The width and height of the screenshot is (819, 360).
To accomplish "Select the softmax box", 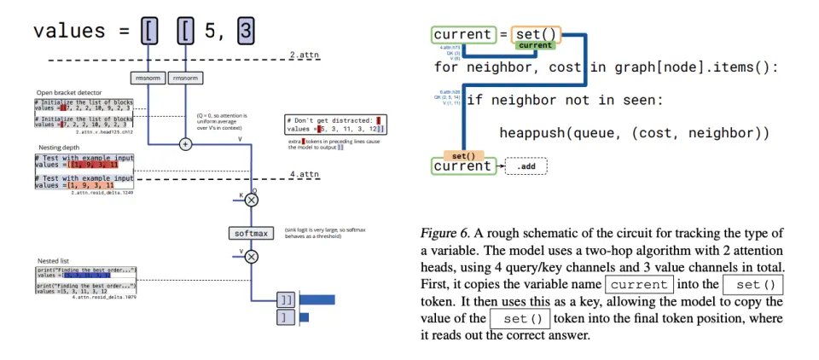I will [253, 233].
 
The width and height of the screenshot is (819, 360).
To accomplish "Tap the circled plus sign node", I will [185, 144].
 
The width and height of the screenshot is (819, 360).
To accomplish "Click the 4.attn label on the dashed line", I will [304, 175].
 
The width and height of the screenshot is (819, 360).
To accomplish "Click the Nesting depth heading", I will [58, 147].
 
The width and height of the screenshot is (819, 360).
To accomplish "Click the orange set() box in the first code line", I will [536, 35].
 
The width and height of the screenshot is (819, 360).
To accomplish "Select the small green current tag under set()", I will [535, 45].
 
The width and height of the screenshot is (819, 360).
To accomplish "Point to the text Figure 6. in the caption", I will [448, 233].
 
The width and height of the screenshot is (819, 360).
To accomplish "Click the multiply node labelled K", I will [252, 200].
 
